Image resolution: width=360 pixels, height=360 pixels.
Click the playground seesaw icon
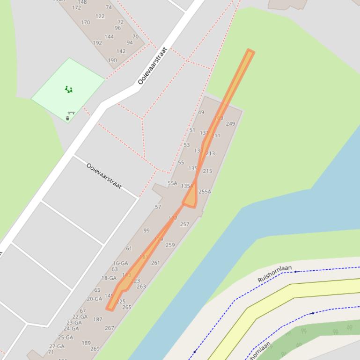pos(69,89)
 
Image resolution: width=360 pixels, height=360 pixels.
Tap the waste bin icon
pos(68,118)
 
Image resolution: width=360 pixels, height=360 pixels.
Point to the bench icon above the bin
pos(71,113)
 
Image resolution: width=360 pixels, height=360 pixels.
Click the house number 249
pos(230,124)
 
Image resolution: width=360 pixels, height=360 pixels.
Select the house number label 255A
pos(205,192)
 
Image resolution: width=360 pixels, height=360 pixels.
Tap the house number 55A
pos(172,183)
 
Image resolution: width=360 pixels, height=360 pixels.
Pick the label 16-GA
pos(120,263)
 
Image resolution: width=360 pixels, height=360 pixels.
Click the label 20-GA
pos(94,299)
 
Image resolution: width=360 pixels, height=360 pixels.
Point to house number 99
pos(147,230)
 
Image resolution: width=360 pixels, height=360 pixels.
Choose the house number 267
pos(110,328)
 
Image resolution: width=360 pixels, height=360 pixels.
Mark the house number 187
pos(97,320)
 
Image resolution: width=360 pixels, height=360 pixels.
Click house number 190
pos(112,60)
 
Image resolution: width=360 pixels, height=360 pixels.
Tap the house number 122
pos(100,16)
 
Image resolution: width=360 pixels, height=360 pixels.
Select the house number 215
pos(207,171)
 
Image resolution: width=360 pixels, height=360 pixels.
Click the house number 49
pos(201,112)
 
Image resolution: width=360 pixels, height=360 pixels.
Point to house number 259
pos(170,245)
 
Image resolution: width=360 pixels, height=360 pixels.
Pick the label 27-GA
pos(57,346)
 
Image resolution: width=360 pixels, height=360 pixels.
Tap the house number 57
pos(158,207)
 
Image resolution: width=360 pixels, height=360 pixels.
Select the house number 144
pos(109,36)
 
